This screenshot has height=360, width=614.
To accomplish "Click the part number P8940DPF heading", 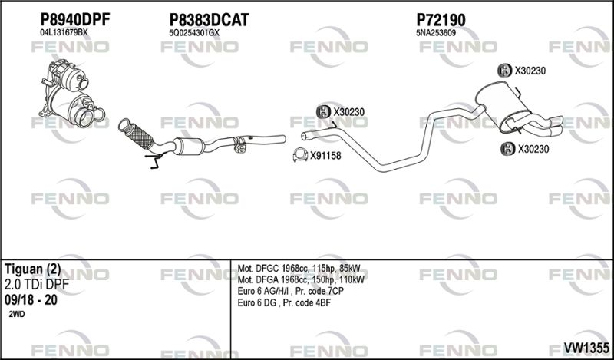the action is (x=74, y=19).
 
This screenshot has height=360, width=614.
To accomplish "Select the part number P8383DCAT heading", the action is (x=209, y=19).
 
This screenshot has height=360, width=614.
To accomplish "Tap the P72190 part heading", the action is (x=441, y=19).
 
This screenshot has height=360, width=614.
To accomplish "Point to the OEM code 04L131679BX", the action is (x=64, y=33).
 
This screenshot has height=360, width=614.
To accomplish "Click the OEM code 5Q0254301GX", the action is (x=194, y=33).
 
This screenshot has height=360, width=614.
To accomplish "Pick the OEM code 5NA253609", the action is (x=436, y=33).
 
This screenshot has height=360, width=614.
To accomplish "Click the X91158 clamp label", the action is (x=325, y=156).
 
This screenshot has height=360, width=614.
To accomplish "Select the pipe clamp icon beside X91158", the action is (x=300, y=155).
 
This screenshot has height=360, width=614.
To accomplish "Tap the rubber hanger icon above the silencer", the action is (x=505, y=71).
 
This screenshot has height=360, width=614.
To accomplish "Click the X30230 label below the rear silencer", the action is (x=533, y=149).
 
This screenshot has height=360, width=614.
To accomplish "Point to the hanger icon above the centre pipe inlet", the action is (x=324, y=112).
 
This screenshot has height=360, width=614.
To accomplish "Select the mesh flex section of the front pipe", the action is (x=140, y=136).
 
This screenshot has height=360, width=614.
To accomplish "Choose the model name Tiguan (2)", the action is (x=33, y=269).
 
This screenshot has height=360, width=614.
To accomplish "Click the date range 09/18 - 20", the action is (x=31, y=300).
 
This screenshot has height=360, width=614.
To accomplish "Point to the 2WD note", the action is (x=17, y=314).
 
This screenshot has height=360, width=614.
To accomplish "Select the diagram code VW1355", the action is (x=586, y=348).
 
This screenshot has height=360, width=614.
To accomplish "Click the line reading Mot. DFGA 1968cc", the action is (x=301, y=279).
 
